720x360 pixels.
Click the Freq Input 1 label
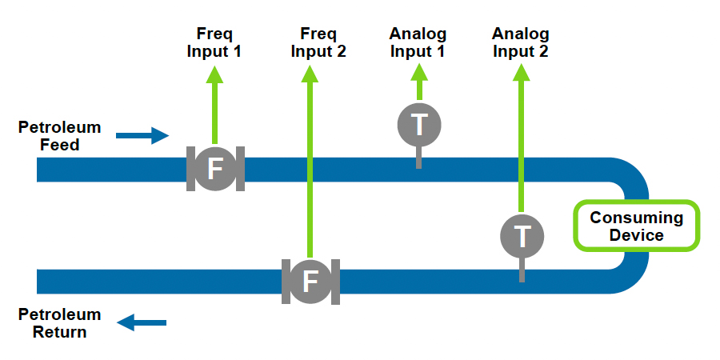[x=214, y=42]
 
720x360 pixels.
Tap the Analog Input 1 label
[x=418, y=42]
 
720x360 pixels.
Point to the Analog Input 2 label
[x=521, y=42]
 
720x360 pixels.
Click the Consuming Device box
[x=637, y=226]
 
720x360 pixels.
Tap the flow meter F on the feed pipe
[x=215, y=168]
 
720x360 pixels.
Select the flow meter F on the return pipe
[x=310, y=281]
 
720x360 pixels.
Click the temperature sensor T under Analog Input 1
[x=418, y=125]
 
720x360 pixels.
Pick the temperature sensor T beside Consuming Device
[x=522, y=236]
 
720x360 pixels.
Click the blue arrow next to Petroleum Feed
[x=143, y=135]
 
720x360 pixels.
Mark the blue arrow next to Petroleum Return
[x=142, y=322]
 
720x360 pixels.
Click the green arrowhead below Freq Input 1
[x=214, y=74]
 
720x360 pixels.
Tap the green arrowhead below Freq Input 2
[x=310, y=74]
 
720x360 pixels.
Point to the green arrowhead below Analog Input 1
[x=418, y=71]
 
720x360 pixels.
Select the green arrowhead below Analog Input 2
[x=522, y=72]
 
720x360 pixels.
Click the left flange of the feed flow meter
[x=190, y=169]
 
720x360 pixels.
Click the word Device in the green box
[x=637, y=235]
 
